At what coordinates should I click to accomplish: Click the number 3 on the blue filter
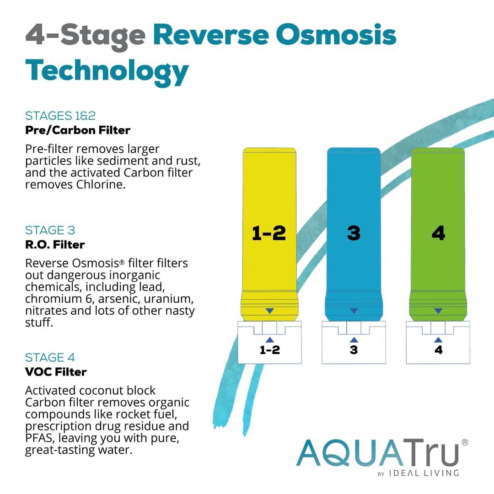(x=354, y=233)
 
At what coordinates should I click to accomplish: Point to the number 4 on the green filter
(x=438, y=233)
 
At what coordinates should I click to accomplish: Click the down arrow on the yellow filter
(x=269, y=311)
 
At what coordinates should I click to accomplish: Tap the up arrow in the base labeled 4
(x=438, y=339)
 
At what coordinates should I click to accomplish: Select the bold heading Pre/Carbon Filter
(x=78, y=130)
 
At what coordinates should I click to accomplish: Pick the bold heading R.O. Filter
(x=55, y=245)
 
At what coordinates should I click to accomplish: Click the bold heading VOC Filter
(x=56, y=372)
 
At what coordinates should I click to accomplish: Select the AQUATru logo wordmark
(x=377, y=452)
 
